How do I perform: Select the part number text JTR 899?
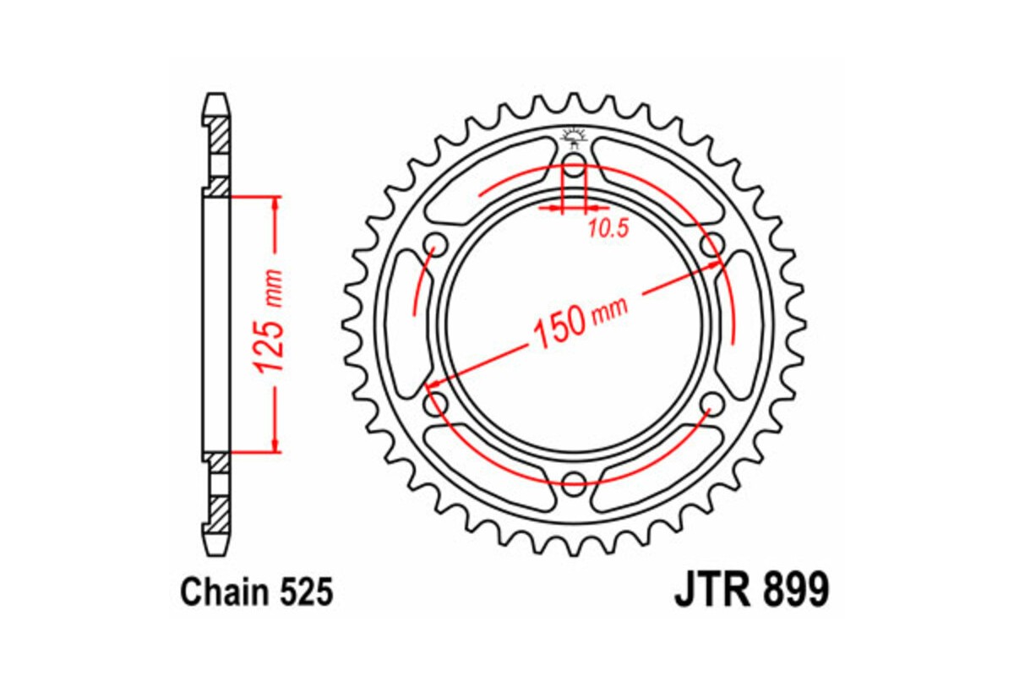[x=751, y=591]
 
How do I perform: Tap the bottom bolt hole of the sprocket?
[x=574, y=485]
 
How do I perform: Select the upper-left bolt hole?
[x=435, y=245]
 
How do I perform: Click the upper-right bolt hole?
[x=712, y=245]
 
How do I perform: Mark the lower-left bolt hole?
[x=435, y=403]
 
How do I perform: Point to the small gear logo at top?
[x=574, y=135]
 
